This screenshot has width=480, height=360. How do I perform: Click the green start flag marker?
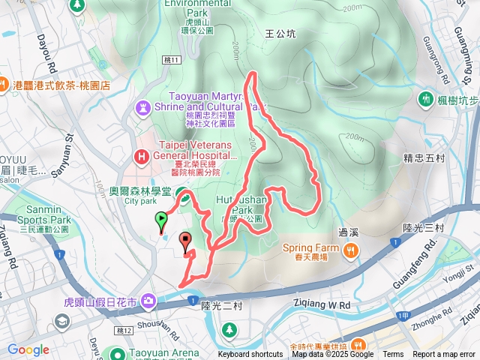click(160, 220)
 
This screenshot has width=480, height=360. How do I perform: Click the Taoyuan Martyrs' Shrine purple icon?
click(142, 108)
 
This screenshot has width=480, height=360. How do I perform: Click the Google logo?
click(28, 349)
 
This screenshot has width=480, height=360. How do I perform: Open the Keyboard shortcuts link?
click(250, 355)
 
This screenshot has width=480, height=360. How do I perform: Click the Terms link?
click(393, 355)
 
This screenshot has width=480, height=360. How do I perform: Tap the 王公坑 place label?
click(281, 34)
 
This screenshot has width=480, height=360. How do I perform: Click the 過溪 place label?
click(349, 232)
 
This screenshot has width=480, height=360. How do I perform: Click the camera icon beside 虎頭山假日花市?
click(148, 301)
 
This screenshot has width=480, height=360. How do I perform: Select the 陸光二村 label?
click(223, 305)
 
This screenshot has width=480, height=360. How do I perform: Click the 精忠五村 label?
click(424, 158)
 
